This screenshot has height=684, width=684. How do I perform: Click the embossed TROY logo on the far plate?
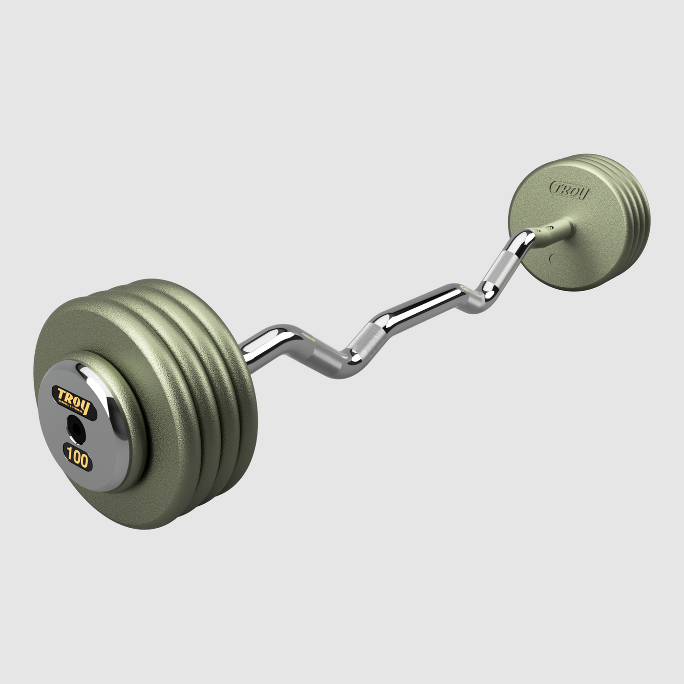570,191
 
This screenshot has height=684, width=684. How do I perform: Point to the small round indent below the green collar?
553,258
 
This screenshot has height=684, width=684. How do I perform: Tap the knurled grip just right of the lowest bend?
369,339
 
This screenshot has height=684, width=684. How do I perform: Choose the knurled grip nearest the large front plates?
325,353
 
